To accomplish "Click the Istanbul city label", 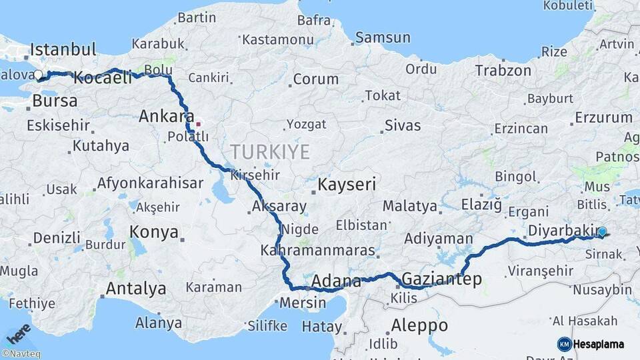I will tap(63, 49).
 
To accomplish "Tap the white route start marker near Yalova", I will tap(38, 75).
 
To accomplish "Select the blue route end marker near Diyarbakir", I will tap(602, 232).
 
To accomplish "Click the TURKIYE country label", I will tap(270, 153).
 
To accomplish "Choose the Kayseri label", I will tap(347, 184).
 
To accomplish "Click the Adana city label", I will tap(336, 281).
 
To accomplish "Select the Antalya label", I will tap(136, 289).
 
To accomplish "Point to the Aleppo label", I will tap(419, 326).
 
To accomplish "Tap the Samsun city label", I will tap(383, 38).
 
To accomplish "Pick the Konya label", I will tap(154, 232).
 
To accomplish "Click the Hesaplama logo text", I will tap(599, 344).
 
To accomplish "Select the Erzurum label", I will tap(603, 118).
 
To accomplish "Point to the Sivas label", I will tap(403, 125).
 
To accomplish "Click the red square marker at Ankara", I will tap(198, 123).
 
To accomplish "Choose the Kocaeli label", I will tap(103, 78).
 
